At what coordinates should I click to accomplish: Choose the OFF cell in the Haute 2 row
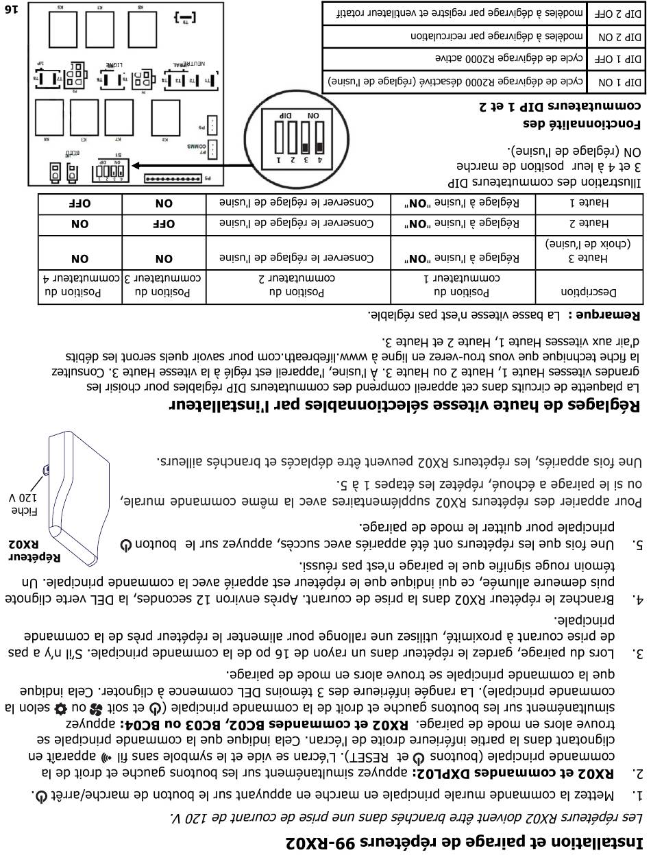click(x=164, y=223)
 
